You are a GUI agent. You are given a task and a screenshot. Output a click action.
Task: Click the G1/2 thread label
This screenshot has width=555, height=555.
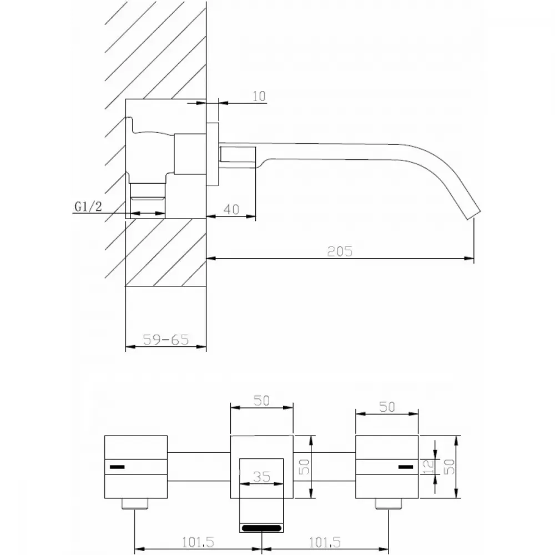click(x=88, y=206)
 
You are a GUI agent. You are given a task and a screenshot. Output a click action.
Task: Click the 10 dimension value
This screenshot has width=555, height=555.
click(x=259, y=96)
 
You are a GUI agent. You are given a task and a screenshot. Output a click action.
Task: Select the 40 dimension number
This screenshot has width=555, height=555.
click(x=231, y=209)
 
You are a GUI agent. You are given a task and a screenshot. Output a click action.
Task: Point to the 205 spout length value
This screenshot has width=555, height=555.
click(x=340, y=251)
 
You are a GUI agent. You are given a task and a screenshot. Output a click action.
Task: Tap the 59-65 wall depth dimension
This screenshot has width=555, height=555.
click(x=165, y=340)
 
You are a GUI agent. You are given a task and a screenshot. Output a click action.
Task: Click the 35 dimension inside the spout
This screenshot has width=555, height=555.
click(x=262, y=477)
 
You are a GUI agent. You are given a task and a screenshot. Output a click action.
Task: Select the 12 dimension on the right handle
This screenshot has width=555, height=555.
click(x=428, y=467)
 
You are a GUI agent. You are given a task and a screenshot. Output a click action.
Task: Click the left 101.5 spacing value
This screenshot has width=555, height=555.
click(x=198, y=542)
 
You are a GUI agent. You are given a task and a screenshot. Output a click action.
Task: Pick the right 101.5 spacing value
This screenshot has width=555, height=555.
click(x=325, y=542)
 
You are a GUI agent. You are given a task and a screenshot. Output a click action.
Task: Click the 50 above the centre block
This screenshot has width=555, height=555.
click(x=261, y=401)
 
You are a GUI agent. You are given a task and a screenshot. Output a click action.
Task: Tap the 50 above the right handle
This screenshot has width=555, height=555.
click(x=387, y=407)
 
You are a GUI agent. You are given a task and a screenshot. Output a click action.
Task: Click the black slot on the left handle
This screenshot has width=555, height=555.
click(x=117, y=467)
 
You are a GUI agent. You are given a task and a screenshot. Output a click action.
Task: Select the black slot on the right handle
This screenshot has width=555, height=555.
click(x=406, y=467)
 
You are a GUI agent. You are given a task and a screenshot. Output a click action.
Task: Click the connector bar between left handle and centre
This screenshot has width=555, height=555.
click(x=199, y=467)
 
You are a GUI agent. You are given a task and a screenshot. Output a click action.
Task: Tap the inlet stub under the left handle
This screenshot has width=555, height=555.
click(x=135, y=504)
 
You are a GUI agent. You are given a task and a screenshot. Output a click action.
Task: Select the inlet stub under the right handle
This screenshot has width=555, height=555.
click(x=389, y=504)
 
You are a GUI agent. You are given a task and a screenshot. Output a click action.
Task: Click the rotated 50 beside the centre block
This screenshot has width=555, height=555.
click(x=304, y=467)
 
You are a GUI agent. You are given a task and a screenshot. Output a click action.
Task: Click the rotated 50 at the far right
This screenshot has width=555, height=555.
click(x=449, y=467)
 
